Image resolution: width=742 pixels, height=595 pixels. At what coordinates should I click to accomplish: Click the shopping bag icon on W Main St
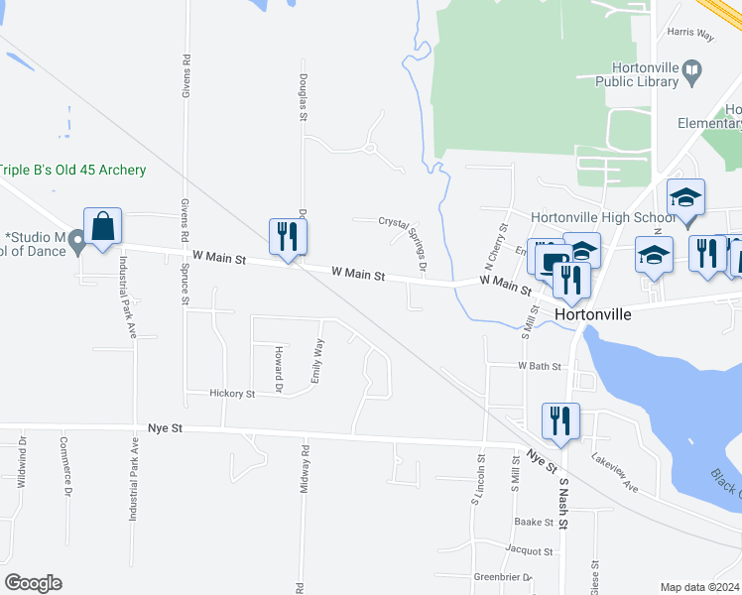(103, 227)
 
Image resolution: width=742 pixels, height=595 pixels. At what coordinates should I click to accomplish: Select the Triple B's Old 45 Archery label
(72, 171)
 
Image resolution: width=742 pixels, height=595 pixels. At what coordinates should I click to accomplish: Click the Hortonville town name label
(593, 312)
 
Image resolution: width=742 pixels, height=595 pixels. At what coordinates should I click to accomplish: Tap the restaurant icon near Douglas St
(288, 237)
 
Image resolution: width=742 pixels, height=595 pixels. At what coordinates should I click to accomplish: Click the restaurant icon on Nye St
(560, 421)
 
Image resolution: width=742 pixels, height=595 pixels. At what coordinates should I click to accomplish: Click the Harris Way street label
(690, 34)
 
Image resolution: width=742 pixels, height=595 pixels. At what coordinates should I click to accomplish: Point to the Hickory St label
(232, 394)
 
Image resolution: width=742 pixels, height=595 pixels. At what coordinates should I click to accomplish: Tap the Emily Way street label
(317, 361)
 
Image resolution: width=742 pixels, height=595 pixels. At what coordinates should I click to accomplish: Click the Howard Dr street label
(280, 369)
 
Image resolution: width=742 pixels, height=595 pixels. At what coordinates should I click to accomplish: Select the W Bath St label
(540, 366)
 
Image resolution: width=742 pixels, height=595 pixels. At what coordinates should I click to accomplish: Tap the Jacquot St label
(528, 550)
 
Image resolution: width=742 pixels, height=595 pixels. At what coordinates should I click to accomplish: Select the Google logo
(33, 583)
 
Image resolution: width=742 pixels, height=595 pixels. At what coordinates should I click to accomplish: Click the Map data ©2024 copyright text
(699, 587)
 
